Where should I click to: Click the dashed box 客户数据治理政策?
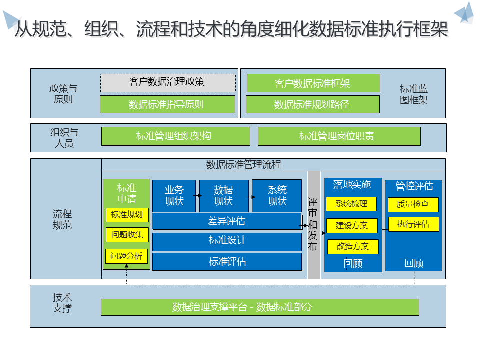click(168, 83)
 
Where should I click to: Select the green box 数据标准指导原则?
click(167, 104)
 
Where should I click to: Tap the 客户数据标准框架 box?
click(313, 83)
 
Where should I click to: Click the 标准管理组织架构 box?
click(175, 136)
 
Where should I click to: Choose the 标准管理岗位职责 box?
click(339, 136)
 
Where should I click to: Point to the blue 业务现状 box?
click(174, 196)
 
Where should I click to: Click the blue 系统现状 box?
click(277, 196)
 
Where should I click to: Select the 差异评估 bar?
click(227, 221)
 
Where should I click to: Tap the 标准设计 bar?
click(227, 241)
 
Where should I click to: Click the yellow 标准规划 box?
click(127, 215)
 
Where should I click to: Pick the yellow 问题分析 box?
click(127, 256)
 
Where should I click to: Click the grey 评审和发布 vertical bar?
click(313, 225)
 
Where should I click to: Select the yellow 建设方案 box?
click(352, 226)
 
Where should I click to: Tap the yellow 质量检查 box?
click(413, 204)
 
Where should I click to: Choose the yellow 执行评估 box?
click(413, 224)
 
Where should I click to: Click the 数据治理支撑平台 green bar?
click(260, 307)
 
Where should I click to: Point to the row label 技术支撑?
click(62, 303)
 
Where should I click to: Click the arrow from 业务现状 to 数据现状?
click(198, 196)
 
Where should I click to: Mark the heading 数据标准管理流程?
click(244, 164)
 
